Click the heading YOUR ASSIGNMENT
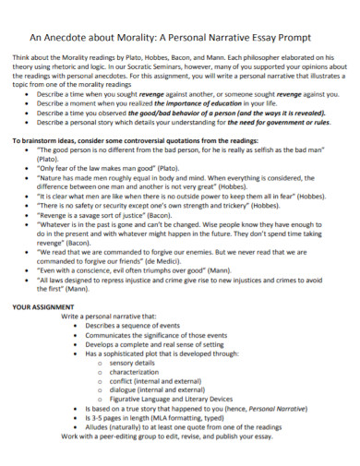42,305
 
